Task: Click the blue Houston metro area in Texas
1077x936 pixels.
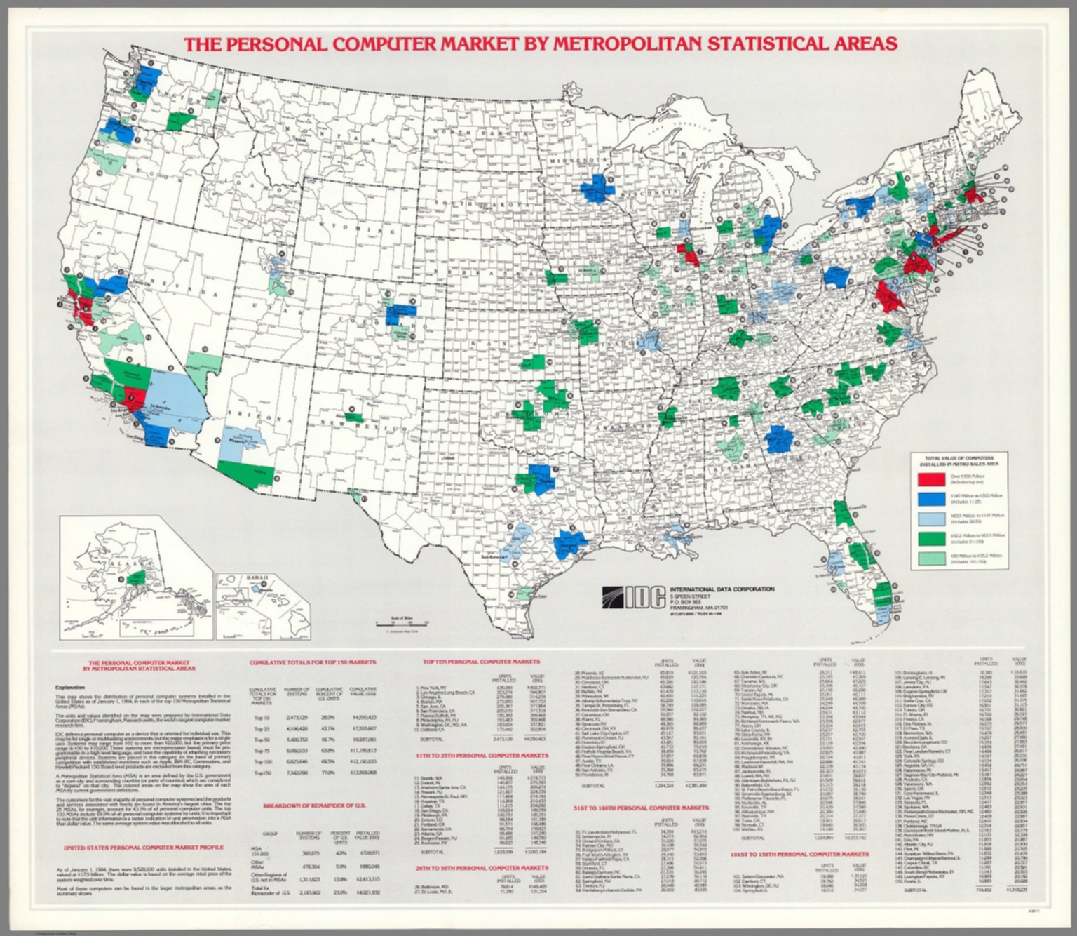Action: [x=572, y=544]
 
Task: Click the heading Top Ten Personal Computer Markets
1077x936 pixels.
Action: [x=481, y=662]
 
